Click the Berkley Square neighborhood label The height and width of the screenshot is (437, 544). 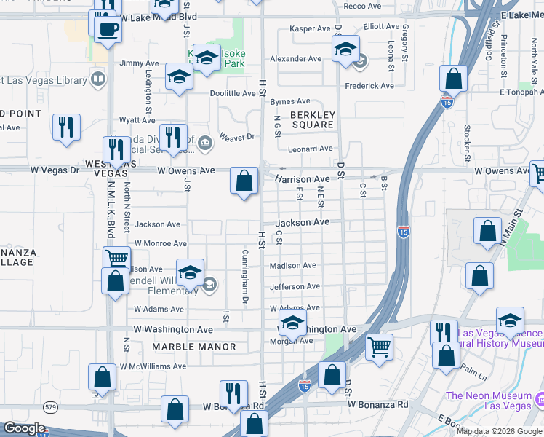[x=312, y=119]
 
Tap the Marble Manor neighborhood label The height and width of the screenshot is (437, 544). [x=194, y=347]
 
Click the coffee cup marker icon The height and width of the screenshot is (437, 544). [x=108, y=29]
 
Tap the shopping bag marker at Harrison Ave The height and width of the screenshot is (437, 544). [x=244, y=180]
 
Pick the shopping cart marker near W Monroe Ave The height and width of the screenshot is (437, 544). [x=116, y=259]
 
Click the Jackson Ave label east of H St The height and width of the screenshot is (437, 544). [x=303, y=222]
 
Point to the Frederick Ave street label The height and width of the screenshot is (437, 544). [x=369, y=86]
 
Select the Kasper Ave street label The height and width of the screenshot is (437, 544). [x=311, y=28]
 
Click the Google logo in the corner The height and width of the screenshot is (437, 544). [x=23, y=428]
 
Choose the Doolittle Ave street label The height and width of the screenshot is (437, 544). [x=233, y=93]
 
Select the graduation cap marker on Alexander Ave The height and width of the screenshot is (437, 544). [x=345, y=50]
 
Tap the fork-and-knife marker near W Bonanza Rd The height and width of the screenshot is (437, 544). [x=233, y=393]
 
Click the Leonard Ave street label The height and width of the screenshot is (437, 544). [x=311, y=149]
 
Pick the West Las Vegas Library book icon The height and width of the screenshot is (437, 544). [x=97, y=78]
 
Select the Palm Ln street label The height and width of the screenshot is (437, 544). [x=476, y=375]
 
